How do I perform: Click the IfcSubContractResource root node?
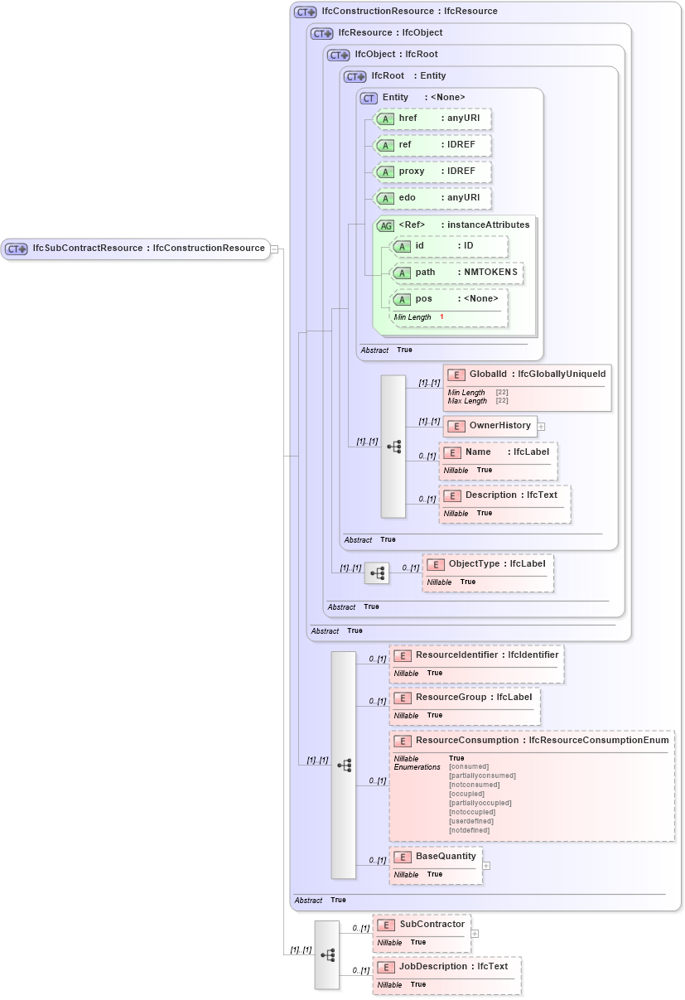point(137,249)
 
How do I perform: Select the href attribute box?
point(433,118)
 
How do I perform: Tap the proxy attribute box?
point(433,171)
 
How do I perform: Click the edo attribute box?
point(433,198)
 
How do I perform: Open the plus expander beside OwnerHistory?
point(541,427)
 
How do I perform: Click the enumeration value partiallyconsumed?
point(482,776)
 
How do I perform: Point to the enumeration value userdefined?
point(470,821)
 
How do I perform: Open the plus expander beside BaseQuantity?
point(486,866)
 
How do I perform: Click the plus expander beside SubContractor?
point(475,933)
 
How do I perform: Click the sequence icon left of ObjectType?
point(377,572)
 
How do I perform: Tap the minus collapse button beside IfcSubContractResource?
point(274,249)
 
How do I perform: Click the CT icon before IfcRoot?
point(355,77)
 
